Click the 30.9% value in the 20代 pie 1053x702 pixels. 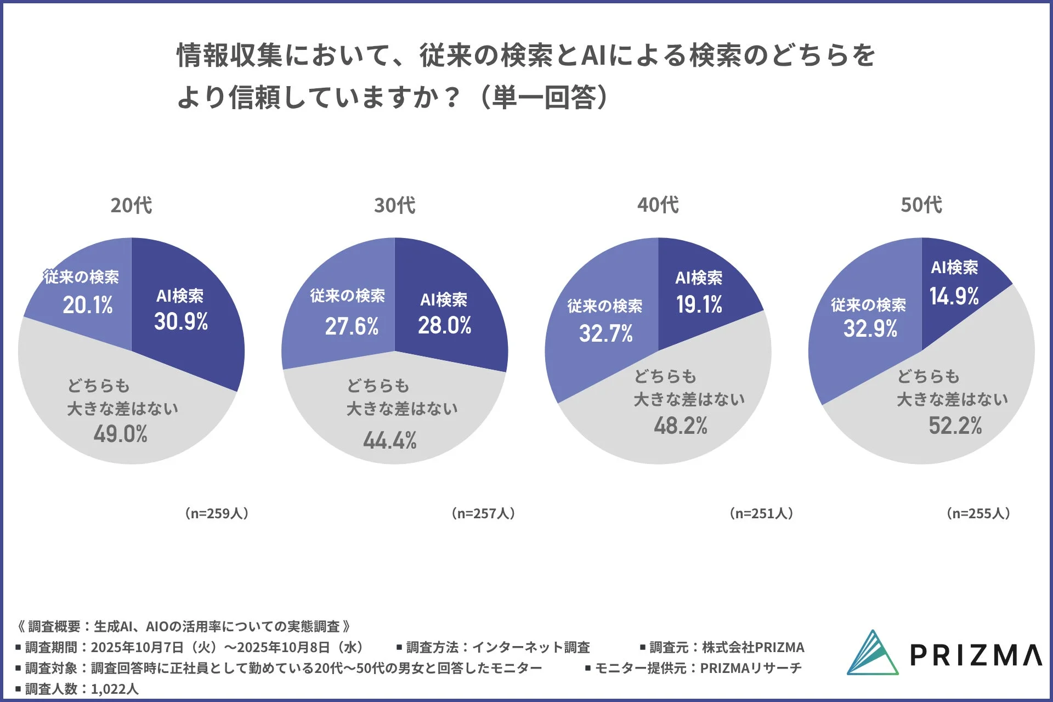[181, 321]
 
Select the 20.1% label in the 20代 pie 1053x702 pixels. [88, 305]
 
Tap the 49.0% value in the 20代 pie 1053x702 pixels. [120, 434]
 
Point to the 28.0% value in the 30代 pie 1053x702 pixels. [445, 325]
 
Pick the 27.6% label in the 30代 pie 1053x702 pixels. [352, 326]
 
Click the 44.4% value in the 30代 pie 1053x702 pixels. [389, 440]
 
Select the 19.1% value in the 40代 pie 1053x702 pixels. [699, 304]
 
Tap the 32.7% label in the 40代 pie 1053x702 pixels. [605, 333]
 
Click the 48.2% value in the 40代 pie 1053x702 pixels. [681, 426]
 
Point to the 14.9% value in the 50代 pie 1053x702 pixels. [954, 296]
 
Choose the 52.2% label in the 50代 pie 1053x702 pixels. [955, 426]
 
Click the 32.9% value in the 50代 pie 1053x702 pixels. [870, 329]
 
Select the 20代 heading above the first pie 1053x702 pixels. [131, 205]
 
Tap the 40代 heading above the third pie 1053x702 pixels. [658, 205]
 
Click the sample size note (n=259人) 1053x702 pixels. [217, 513]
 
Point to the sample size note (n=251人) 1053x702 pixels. [761, 513]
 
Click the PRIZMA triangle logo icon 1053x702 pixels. [872, 653]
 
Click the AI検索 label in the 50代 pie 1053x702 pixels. [954, 268]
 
